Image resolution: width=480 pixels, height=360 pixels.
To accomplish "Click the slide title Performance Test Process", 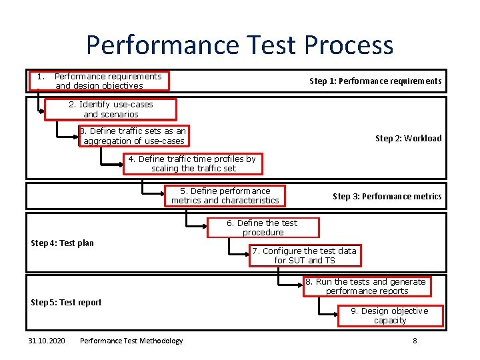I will click(x=239, y=45).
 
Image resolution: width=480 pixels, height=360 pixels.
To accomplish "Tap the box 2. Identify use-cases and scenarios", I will click(x=111, y=109).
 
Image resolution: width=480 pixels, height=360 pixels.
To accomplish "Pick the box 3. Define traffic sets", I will click(x=133, y=136).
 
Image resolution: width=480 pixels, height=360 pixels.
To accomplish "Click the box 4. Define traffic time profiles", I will click(x=192, y=164).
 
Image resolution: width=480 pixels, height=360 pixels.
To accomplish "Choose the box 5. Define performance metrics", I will click(x=225, y=196).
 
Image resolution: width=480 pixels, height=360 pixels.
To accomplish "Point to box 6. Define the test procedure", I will click(x=263, y=227).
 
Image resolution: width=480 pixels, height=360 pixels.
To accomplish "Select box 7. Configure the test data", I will click(x=305, y=255).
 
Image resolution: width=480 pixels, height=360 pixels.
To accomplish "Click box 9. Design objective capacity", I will click(x=390, y=316).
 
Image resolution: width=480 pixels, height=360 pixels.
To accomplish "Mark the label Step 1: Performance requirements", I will click(x=375, y=81).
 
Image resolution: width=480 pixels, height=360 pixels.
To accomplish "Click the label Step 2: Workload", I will click(x=408, y=139).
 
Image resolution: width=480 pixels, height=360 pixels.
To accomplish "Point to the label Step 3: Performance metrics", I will click(x=387, y=197).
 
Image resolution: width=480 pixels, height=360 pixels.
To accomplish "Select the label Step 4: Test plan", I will click(x=63, y=243).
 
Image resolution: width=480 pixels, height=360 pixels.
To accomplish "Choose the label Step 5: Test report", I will click(x=67, y=303).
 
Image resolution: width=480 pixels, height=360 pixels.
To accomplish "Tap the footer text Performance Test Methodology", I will click(x=131, y=341).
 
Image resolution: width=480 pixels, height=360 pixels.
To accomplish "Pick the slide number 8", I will click(x=415, y=341).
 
